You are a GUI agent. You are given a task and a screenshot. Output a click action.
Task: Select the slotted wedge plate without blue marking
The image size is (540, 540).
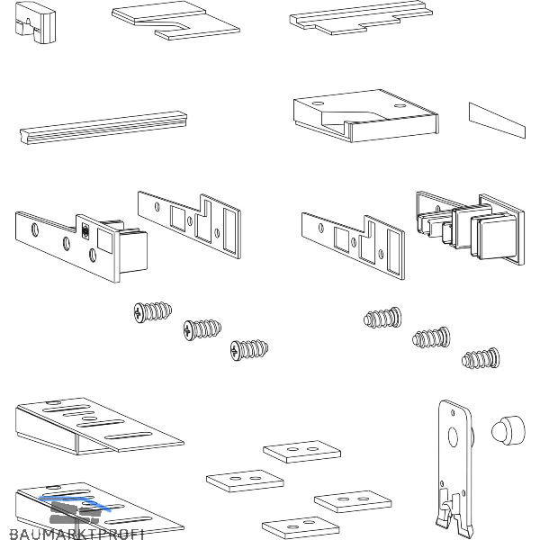[94, 426]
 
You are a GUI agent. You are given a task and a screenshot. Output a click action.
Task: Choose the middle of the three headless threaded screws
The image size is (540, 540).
[429, 338]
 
